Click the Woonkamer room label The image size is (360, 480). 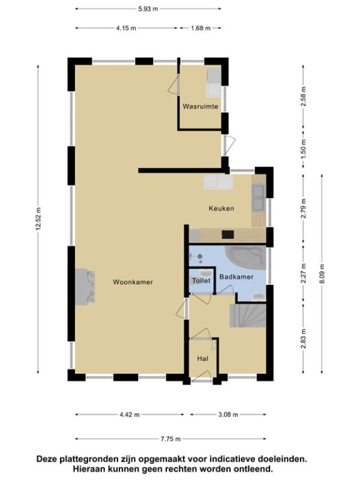coord(133,282)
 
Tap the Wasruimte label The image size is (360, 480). coord(200,106)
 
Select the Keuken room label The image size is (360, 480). coord(221,208)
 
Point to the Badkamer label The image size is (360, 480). coord(236,277)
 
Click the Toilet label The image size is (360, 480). coord(202,280)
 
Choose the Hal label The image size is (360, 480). coord(203,358)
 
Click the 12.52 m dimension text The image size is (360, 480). coord(38,218)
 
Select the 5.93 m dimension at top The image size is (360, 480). coord(148,9)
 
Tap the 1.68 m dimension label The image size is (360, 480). coord(200,28)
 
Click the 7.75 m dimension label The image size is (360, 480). coord(170,439)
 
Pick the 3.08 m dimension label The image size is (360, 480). coord(228,415)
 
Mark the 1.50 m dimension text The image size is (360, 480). coord(304,149)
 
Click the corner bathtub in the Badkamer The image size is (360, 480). coord(246,257)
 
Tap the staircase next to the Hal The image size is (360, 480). coord(248,316)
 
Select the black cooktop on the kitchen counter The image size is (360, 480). coord(228,235)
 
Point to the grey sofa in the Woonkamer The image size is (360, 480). coord(85,287)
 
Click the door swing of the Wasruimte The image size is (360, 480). coord(174,85)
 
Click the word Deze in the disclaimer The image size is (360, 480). coord(47,459)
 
